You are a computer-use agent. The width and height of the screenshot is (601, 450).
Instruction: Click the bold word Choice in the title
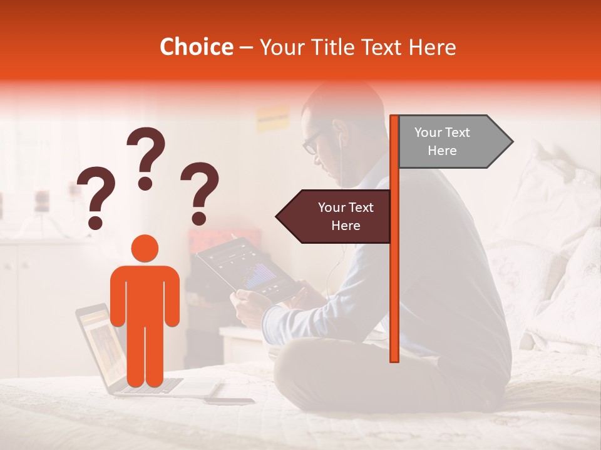point(196,47)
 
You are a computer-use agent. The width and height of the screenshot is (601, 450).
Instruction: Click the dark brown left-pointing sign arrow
point(335,216)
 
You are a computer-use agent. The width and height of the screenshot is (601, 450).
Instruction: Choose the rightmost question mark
point(200,192)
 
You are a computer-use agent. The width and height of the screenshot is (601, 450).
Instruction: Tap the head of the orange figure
point(145,248)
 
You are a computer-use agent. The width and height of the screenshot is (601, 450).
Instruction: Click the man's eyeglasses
point(311,143)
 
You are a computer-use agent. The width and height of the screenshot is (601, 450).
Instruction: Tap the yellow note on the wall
point(272,117)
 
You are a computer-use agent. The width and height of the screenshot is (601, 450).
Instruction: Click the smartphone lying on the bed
point(229,401)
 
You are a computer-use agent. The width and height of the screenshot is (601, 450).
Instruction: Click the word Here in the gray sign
point(442,151)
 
